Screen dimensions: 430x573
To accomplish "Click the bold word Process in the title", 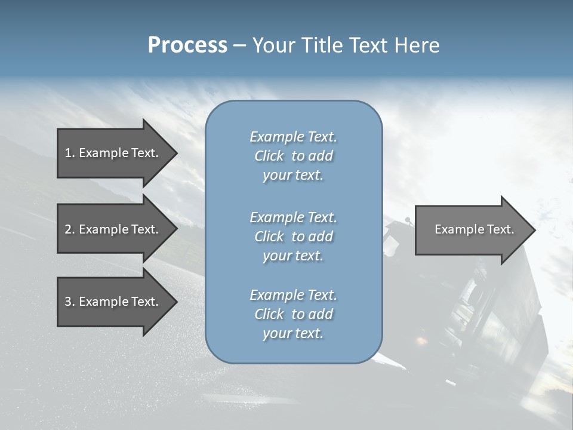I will [187, 45].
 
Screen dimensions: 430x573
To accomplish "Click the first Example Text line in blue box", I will [293, 137].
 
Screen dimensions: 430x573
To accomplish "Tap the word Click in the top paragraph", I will [269, 156].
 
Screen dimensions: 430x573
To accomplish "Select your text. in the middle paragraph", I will [293, 256].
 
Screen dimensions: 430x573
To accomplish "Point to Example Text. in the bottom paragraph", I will [293, 295].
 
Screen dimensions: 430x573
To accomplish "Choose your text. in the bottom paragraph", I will [293, 333].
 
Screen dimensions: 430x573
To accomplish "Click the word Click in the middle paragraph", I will [269, 236].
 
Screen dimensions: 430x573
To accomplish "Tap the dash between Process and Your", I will [240, 45].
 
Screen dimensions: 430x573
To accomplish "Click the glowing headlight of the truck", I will [421, 342].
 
